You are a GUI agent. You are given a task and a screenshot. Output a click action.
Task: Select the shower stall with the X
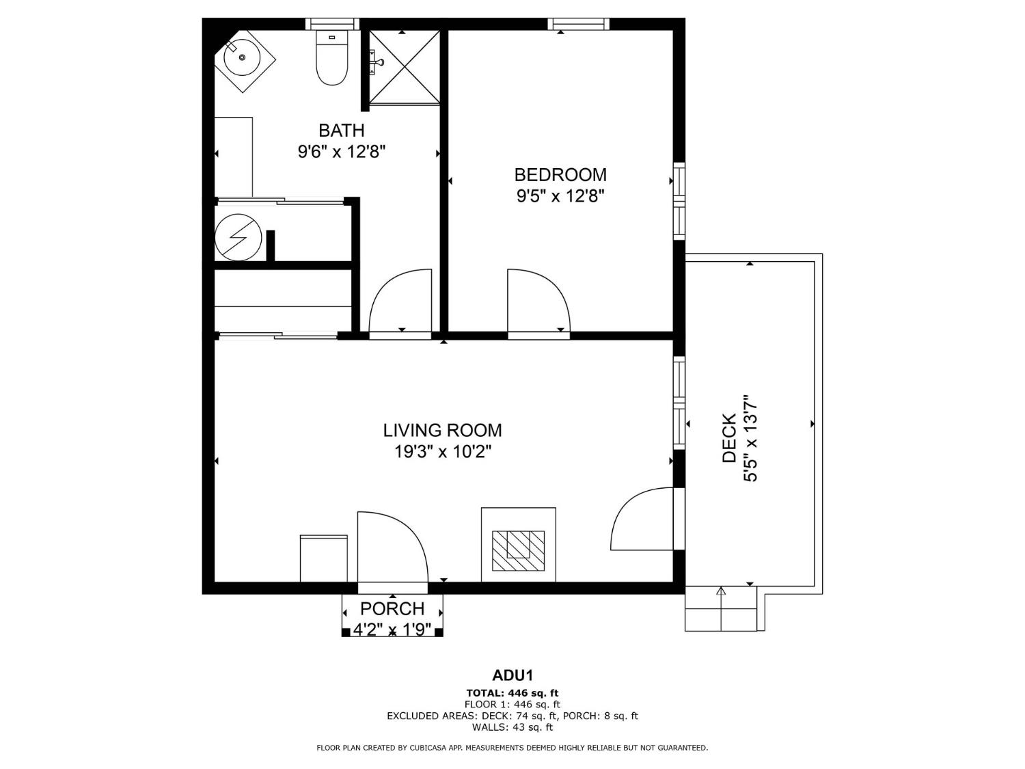(405, 67)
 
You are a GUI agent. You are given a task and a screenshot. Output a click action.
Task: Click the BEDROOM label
(560, 174)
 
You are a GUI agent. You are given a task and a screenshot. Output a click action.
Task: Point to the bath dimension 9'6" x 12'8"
(342, 152)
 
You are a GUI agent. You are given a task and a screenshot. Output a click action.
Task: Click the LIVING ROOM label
(442, 430)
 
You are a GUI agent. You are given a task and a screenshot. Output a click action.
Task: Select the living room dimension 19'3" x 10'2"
(442, 452)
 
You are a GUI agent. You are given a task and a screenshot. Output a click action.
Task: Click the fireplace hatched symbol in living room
(518, 550)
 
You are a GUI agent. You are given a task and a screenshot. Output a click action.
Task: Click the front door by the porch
(391, 550)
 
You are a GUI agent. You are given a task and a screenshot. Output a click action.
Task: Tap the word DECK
(730, 438)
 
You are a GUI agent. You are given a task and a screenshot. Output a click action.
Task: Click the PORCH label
(392, 608)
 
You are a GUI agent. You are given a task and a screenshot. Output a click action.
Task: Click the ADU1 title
(512, 676)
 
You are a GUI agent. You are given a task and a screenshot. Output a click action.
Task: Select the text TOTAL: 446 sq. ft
(512, 693)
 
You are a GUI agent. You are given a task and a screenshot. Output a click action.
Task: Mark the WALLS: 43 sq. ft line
(512, 727)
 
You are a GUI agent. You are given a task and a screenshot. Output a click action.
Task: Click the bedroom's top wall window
(578, 25)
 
